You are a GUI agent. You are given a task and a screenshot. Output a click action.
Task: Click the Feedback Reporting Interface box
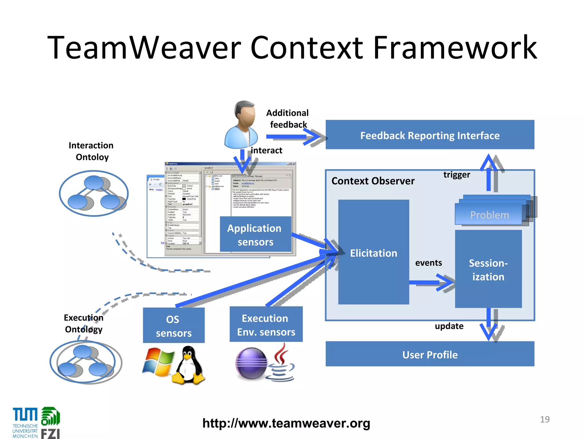pos(430,135)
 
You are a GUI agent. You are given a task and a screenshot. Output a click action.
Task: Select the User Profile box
pos(430,354)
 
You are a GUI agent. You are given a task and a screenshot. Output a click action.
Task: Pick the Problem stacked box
pos(489,215)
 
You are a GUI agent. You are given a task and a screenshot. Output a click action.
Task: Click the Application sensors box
pos(255,235)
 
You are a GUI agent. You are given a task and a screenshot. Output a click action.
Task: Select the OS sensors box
pos(173,326)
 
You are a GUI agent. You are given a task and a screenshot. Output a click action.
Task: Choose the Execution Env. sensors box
pos(266,325)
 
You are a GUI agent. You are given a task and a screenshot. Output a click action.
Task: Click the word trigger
pos(456,175)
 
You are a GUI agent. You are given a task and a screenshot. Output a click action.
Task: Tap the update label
pos(449,326)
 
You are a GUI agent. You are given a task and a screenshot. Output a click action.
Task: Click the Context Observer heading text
pos(373,181)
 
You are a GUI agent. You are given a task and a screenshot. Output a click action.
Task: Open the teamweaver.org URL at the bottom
pos(286,423)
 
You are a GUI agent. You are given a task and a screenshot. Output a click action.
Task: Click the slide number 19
pos(544,419)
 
